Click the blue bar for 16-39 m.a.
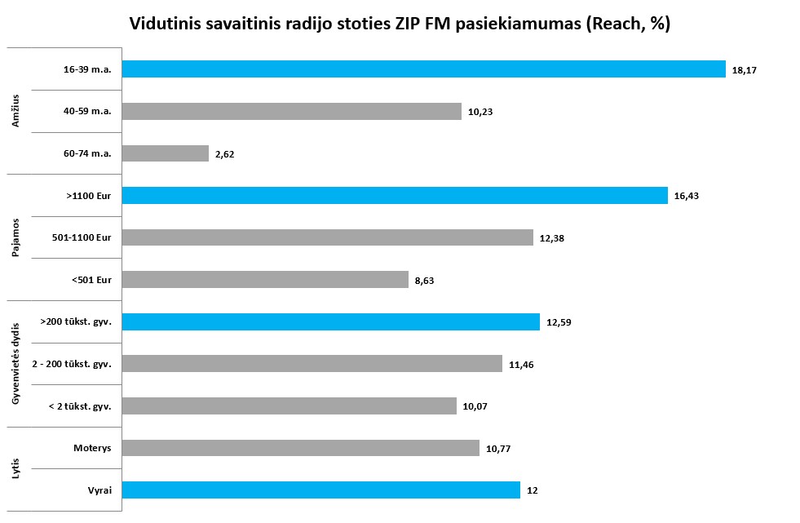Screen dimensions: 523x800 (x=423, y=69)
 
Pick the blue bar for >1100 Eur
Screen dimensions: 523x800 (x=395, y=195)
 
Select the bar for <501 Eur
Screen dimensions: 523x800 (x=265, y=280)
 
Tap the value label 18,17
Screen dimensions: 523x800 (x=745, y=70)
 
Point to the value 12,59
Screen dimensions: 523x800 (x=559, y=322)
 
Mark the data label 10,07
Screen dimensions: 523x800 (x=475, y=406)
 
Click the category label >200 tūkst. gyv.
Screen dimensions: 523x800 (x=76, y=322)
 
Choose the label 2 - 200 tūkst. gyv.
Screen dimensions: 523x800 (x=71, y=364)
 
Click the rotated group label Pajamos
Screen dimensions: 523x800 (x=15, y=237)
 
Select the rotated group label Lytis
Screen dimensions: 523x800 (x=15, y=468)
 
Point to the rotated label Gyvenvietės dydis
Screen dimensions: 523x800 (x=15, y=364)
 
